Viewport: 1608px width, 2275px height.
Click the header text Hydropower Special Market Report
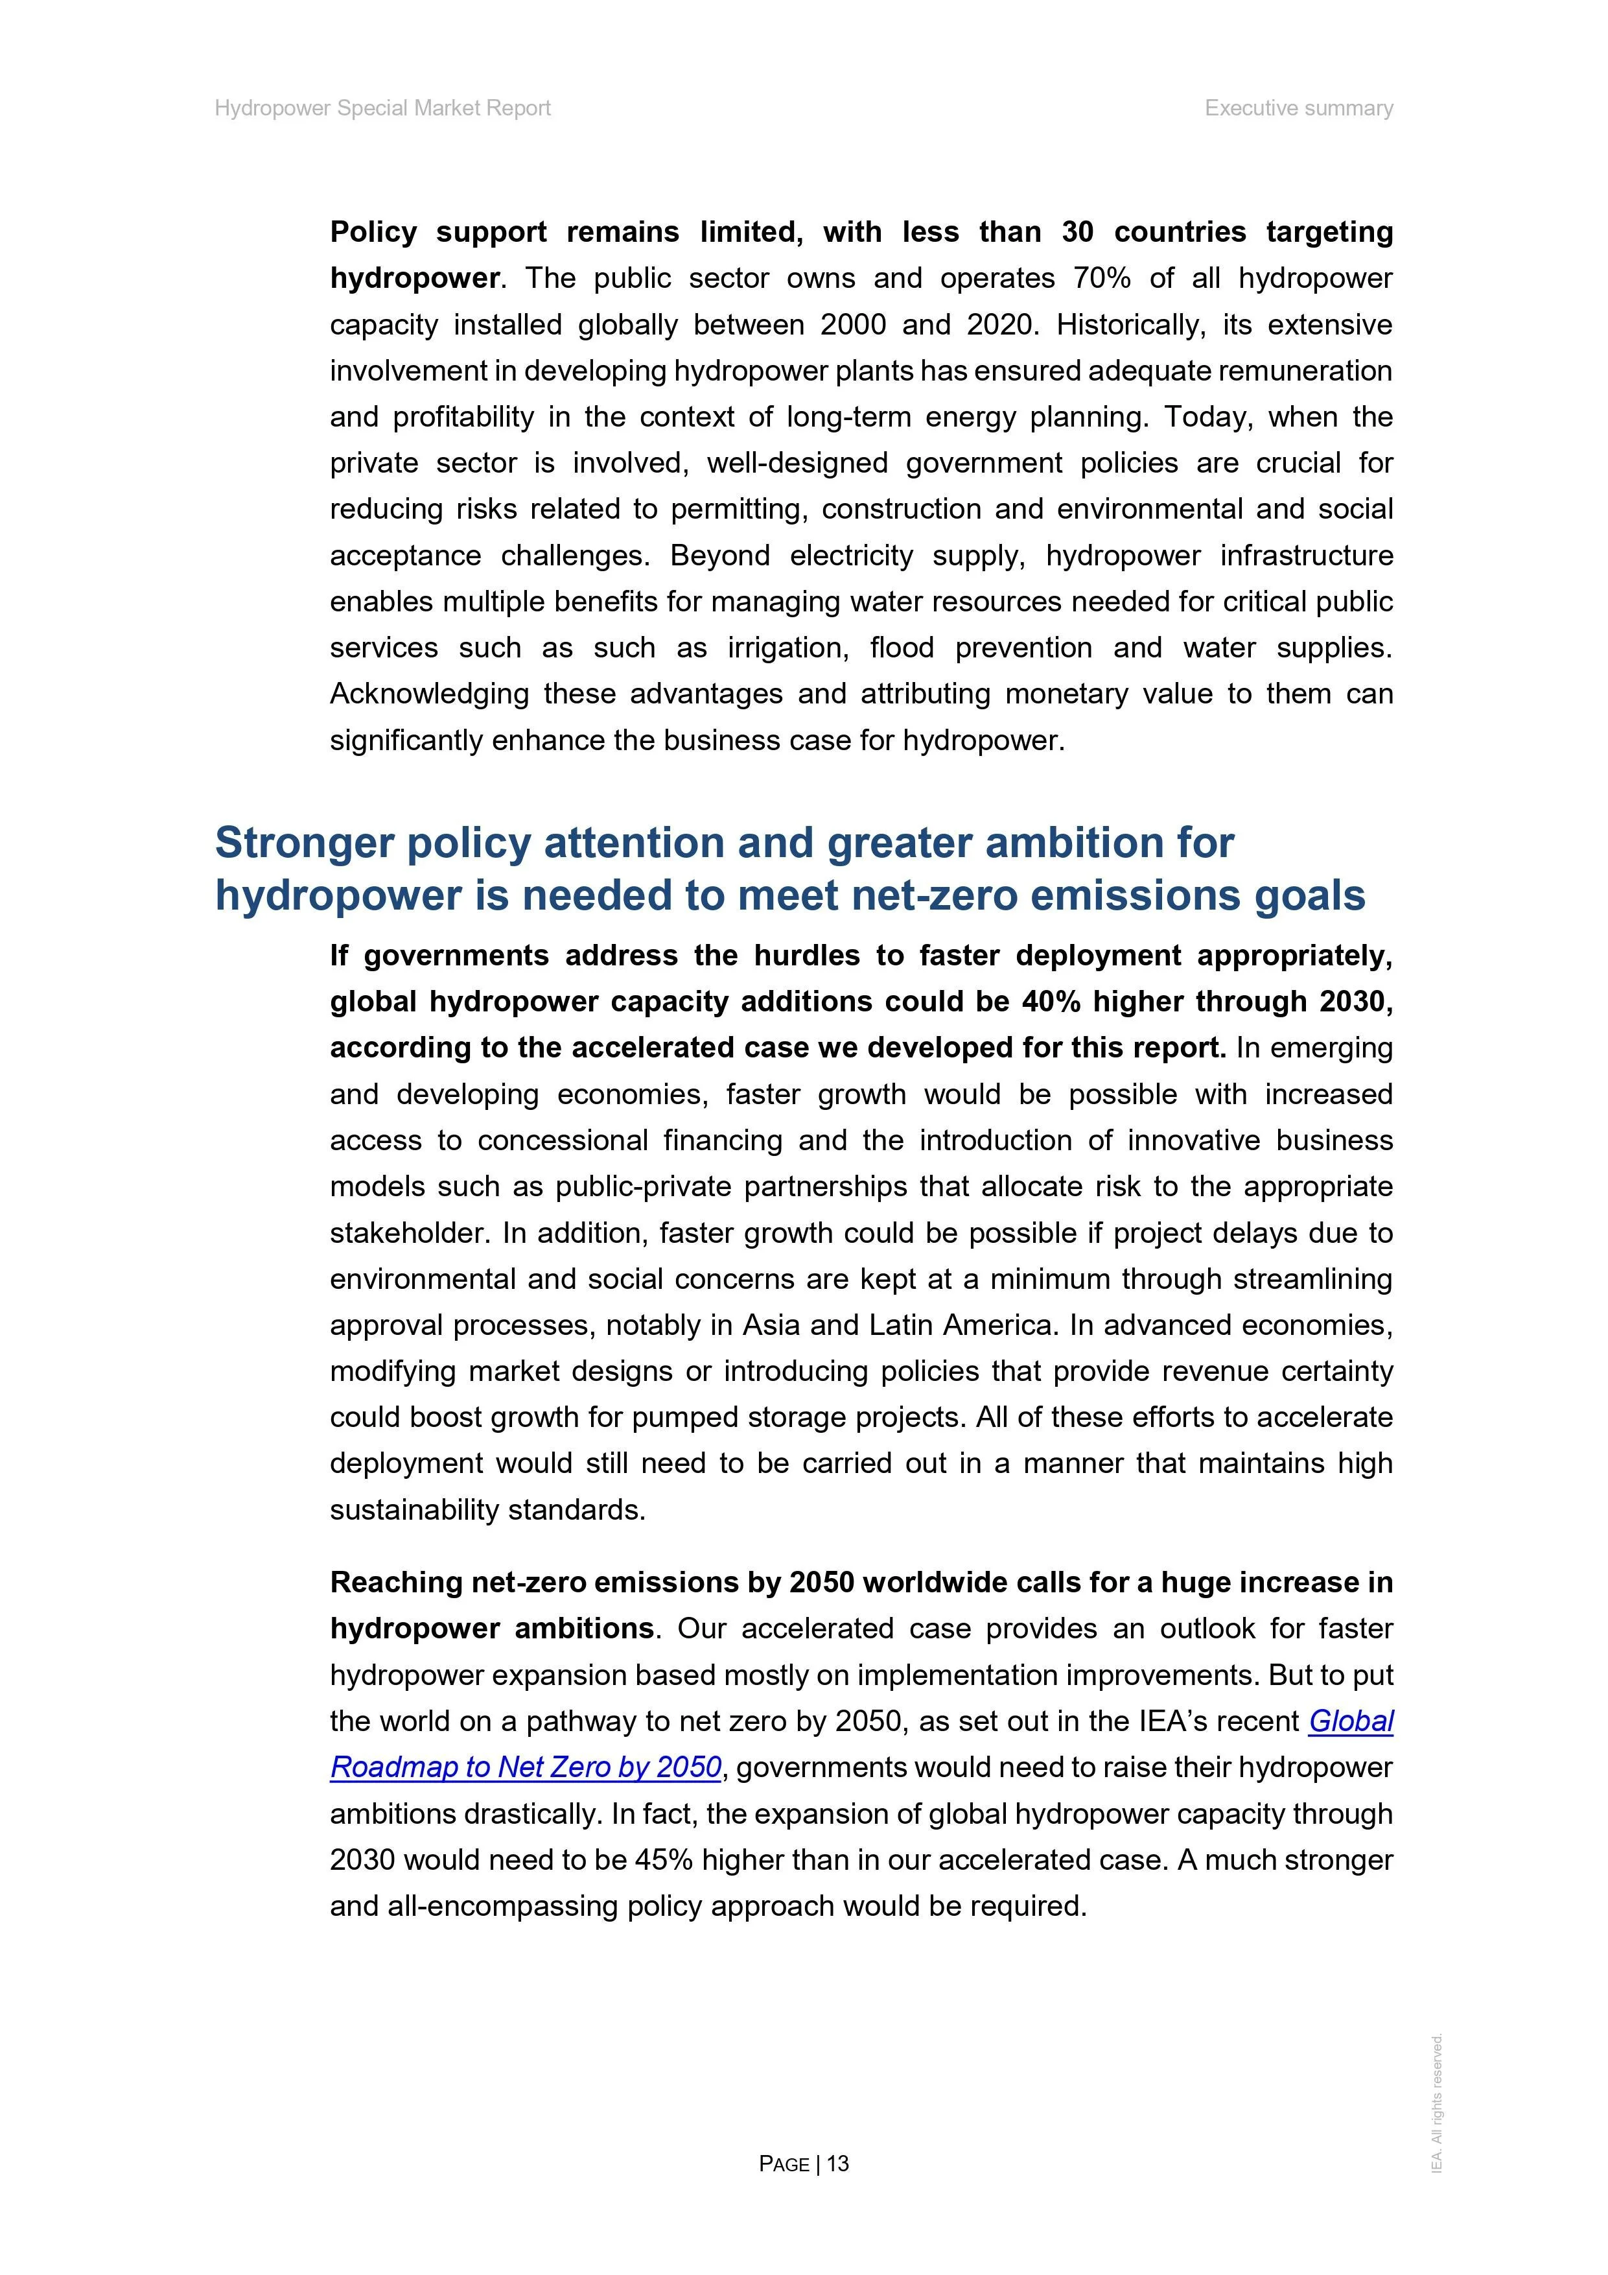tap(382, 108)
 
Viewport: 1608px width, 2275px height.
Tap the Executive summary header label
tap(1298, 108)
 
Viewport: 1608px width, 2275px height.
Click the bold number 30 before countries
tap(1077, 232)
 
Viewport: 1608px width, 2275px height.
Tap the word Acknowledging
tap(429, 694)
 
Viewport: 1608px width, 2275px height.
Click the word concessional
tap(563, 1140)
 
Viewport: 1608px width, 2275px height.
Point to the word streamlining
tap(1312, 1279)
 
